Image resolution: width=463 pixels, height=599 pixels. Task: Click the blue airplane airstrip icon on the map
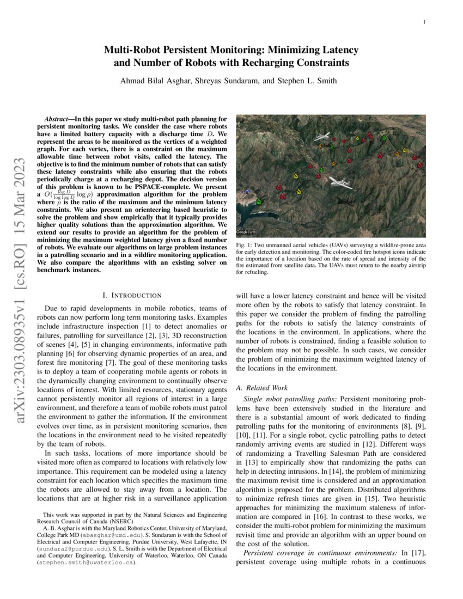tap(248, 191)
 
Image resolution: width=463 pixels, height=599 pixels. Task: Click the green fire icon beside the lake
tap(258, 201)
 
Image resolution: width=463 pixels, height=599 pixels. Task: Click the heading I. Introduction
tap(132, 295)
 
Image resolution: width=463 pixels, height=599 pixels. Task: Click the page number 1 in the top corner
tap(424, 22)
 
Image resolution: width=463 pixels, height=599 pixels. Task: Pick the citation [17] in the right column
tap(418, 553)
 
